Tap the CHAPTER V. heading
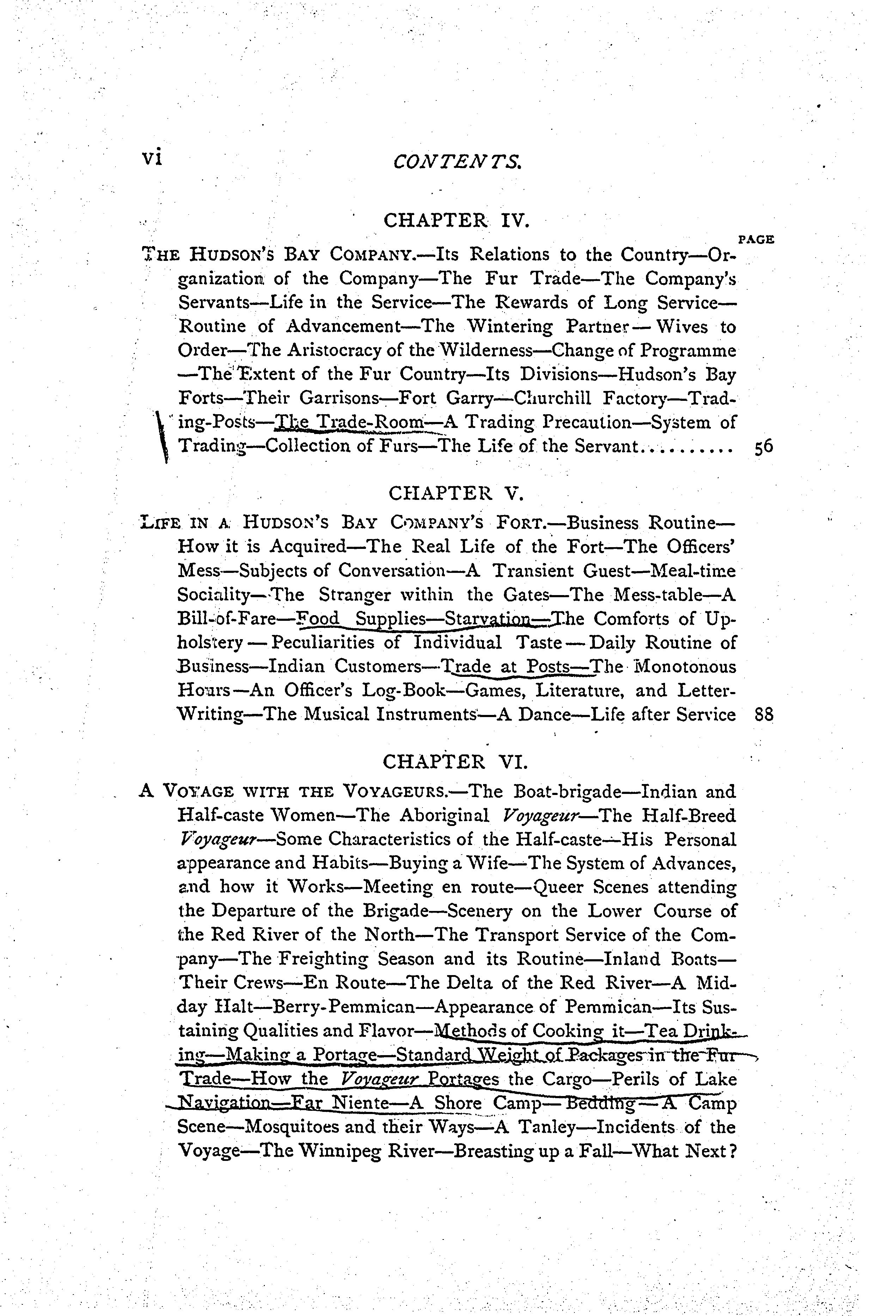(x=456, y=493)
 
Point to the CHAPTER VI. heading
(x=456, y=761)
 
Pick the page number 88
(x=763, y=715)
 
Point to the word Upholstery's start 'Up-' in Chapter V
(x=720, y=619)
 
